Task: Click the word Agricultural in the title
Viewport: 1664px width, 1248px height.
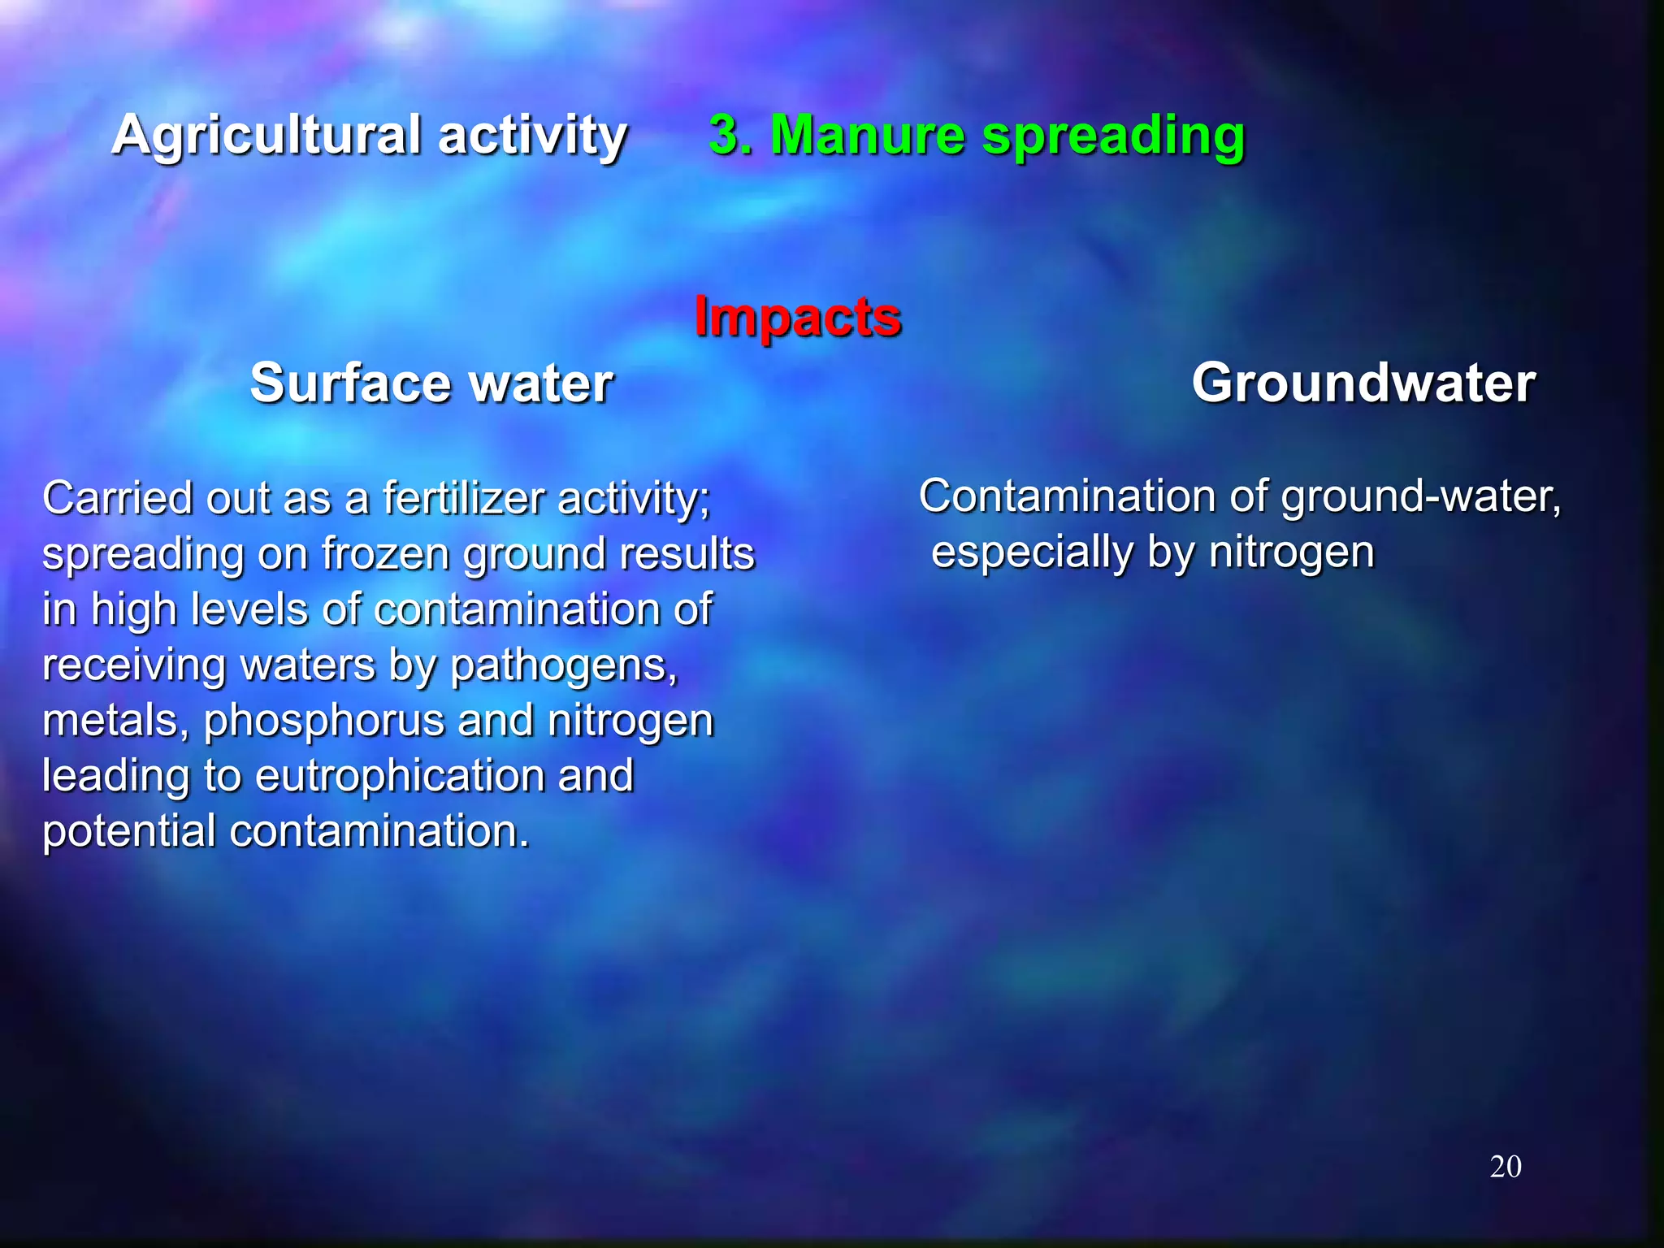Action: (266, 135)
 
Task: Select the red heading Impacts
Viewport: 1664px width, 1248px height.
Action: (797, 316)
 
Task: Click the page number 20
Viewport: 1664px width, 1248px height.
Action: (1505, 1167)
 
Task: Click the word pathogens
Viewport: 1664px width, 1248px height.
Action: (563, 666)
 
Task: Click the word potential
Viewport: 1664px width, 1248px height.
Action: (128, 831)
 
